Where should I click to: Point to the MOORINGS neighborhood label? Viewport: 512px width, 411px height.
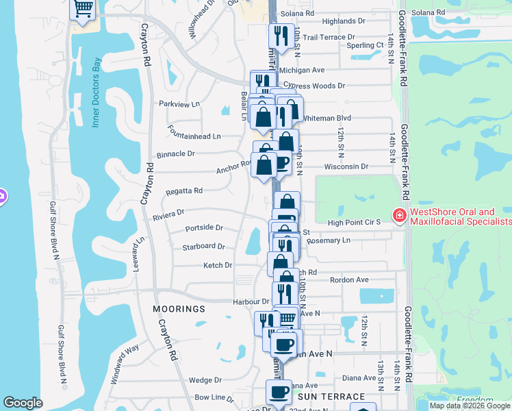[x=179, y=309]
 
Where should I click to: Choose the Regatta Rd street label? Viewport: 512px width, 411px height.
[x=183, y=191]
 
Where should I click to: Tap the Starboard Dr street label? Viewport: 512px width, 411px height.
[x=203, y=247]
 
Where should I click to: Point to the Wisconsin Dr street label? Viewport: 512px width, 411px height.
[x=346, y=166]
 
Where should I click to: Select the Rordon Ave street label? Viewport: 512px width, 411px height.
[x=349, y=279]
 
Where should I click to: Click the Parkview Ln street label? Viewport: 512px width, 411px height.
[x=179, y=104]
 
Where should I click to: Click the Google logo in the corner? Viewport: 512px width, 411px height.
[x=23, y=403]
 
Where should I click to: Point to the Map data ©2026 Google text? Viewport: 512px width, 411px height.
[x=469, y=406]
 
